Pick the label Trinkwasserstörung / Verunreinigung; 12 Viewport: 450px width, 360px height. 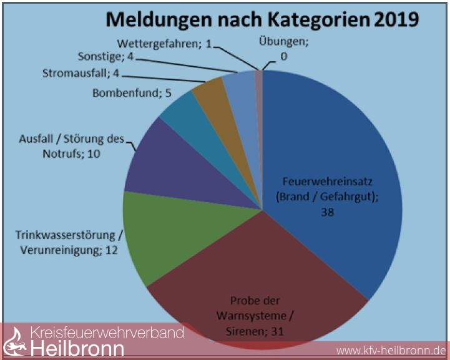[x=69, y=243]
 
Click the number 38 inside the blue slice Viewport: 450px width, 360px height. [x=328, y=212]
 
